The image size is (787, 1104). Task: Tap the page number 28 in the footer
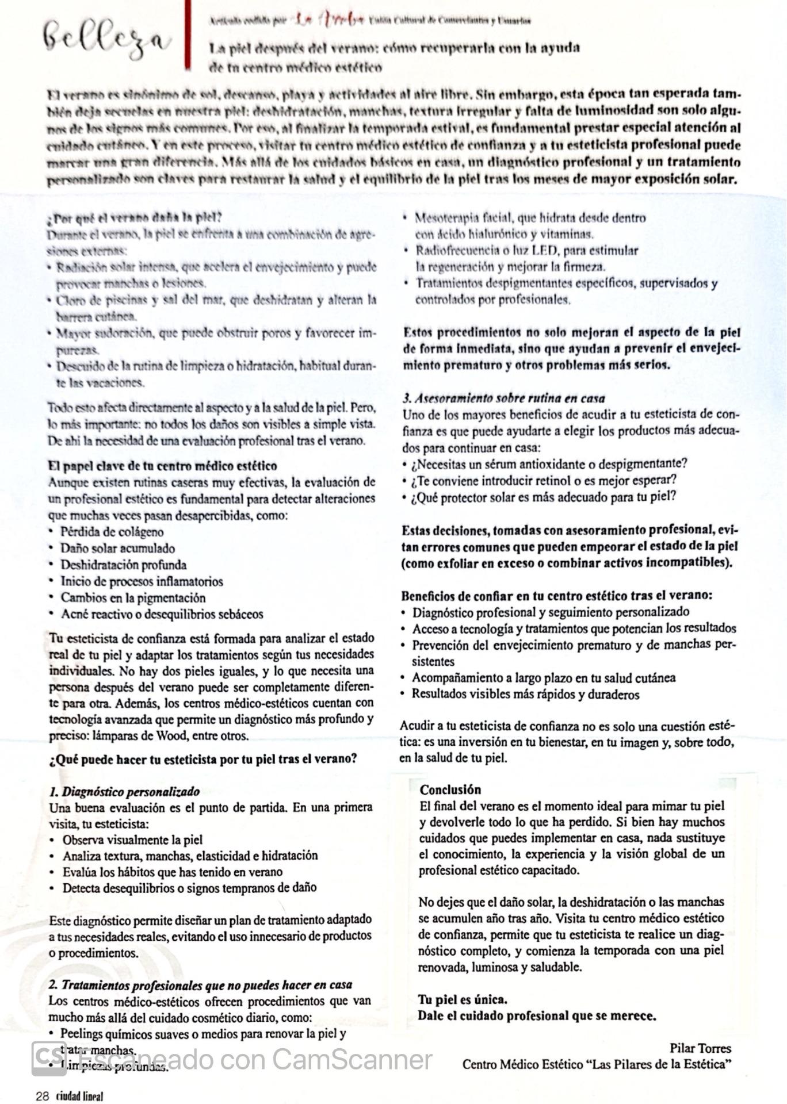[43, 1095]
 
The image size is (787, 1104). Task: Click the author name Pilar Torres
[700, 1048]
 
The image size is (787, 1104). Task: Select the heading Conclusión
[450, 789]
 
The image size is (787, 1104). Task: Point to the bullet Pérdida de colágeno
[112, 532]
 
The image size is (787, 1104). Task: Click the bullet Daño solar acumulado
[118, 548]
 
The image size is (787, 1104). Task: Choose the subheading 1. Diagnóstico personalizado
[125, 792]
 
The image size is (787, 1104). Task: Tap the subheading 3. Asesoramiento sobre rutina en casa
[503, 398]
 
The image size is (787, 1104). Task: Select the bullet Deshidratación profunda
[124, 565]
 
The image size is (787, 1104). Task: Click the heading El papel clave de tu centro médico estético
[163, 466]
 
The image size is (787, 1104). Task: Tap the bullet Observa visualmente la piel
[132, 839]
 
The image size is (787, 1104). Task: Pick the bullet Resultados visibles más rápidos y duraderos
[525, 694]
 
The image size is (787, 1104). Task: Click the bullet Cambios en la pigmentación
[133, 597]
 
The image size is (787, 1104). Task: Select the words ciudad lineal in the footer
[79, 1095]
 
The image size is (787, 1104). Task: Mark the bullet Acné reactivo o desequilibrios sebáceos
[162, 614]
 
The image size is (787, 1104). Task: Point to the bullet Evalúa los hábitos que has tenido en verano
[173, 872]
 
